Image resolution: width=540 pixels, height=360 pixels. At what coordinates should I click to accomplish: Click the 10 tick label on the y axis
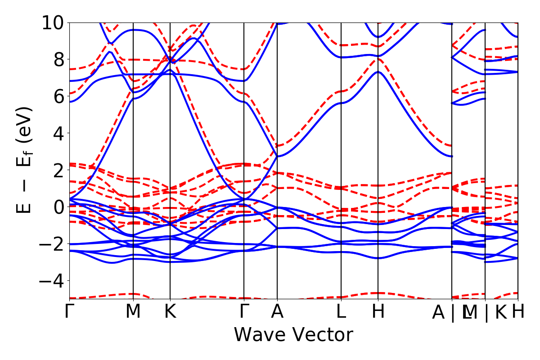pos(54,22)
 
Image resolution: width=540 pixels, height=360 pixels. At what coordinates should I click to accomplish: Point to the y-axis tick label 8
pos(59,59)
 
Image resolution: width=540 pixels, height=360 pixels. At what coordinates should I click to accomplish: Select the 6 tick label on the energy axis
pos(59,96)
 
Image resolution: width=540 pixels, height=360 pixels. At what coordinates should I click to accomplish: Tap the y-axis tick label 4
pos(59,133)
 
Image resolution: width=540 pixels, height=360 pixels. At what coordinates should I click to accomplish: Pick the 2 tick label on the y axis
pos(59,170)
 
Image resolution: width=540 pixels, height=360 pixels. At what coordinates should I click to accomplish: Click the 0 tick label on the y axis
pos(59,207)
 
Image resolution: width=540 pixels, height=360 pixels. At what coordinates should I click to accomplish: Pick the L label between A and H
pos(342,312)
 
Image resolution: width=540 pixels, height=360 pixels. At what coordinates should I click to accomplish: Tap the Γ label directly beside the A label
pos(244,312)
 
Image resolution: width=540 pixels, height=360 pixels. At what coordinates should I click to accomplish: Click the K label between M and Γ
pos(170,312)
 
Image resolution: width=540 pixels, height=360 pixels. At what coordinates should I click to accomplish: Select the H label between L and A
pos(378,312)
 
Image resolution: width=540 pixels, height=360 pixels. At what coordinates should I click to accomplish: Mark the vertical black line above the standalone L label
pos(341,135)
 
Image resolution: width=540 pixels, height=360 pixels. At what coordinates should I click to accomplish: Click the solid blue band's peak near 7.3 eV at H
pos(378,72)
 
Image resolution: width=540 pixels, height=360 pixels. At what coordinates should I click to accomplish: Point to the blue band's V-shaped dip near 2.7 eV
pos(277,156)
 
